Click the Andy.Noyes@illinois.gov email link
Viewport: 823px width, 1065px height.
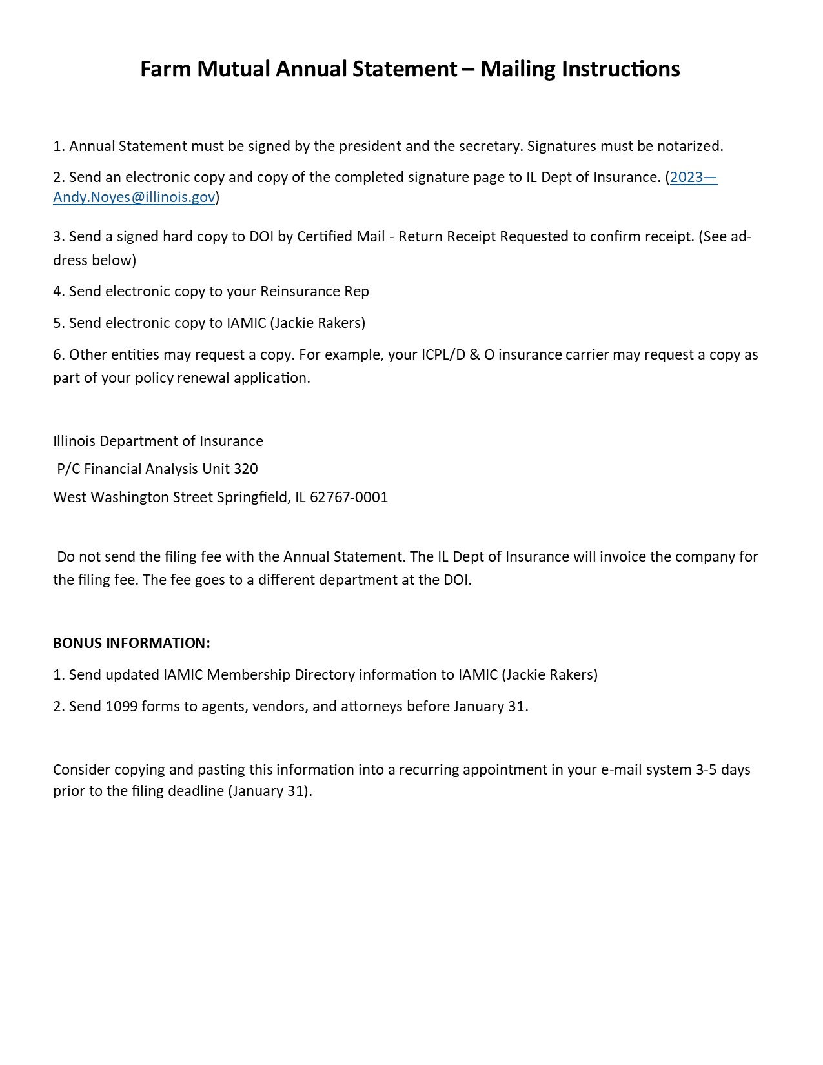click(x=134, y=198)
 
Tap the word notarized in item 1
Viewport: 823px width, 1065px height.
click(x=689, y=147)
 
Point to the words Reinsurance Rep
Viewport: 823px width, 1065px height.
click(x=314, y=292)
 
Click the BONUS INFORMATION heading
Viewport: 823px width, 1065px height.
click(x=132, y=644)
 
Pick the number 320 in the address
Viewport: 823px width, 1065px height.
click(x=245, y=469)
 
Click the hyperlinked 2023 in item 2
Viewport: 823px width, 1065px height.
click(x=686, y=177)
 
